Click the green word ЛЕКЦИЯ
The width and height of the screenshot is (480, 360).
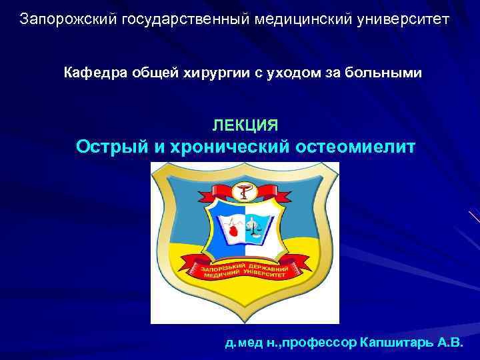pyautogui.click(x=245, y=125)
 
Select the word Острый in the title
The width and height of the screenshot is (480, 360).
pyautogui.click(x=113, y=147)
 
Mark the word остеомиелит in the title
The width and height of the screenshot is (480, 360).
pyautogui.click(x=351, y=147)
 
